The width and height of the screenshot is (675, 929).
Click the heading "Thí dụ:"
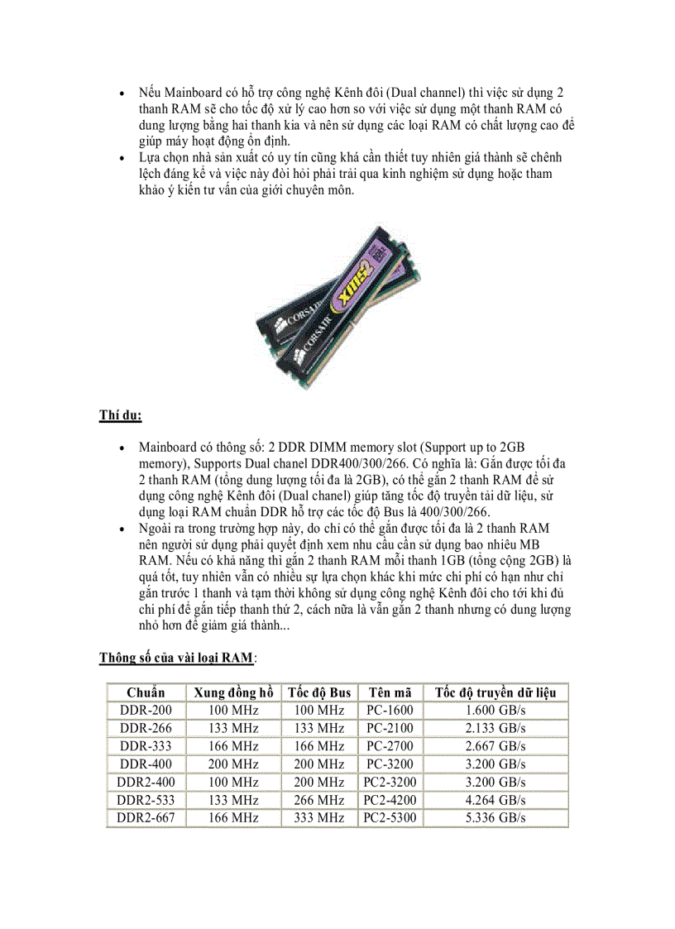point(121,415)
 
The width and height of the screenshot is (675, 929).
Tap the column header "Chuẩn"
point(146,692)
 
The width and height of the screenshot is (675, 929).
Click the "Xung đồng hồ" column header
point(233,692)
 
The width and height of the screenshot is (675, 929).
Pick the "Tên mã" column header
point(390,692)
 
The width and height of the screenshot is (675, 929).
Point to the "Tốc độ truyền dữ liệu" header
point(495,692)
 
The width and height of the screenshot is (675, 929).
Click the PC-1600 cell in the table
point(390,711)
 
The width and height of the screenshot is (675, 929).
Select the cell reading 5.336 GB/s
point(495,818)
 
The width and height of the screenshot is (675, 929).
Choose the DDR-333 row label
point(146,746)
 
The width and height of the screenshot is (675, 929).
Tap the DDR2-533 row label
point(146,800)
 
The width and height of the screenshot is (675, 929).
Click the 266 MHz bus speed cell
point(319,800)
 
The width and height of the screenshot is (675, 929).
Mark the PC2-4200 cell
point(390,800)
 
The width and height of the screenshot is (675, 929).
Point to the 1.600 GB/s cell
point(495,711)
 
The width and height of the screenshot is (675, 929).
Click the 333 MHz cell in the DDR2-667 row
point(319,818)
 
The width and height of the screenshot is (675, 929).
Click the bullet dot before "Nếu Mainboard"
point(122,93)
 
